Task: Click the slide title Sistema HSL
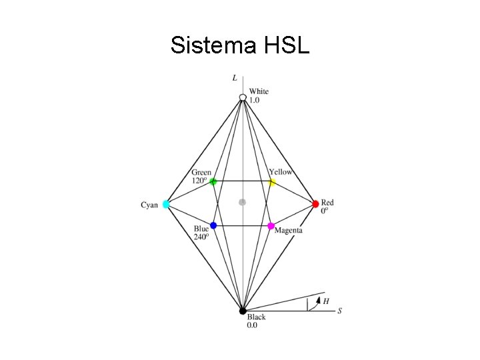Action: [x=239, y=45]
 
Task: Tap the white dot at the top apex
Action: [x=243, y=99]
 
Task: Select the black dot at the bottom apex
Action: [x=243, y=311]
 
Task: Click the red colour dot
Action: [x=316, y=203]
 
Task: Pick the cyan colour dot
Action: [x=166, y=204]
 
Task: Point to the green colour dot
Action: [x=213, y=181]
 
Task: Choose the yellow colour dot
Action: [x=272, y=182]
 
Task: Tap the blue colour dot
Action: [x=213, y=225]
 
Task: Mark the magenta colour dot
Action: [x=271, y=226]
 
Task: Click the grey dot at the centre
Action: [x=243, y=201]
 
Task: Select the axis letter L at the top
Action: [x=235, y=78]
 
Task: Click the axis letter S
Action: [x=340, y=311]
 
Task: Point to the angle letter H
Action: [x=325, y=301]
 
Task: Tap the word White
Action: [x=259, y=91]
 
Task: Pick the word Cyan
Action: [x=149, y=205]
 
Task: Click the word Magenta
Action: [x=289, y=231]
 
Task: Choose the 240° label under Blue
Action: [x=201, y=235]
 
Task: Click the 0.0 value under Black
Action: [x=253, y=325]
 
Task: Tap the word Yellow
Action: [x=281, y=172]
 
